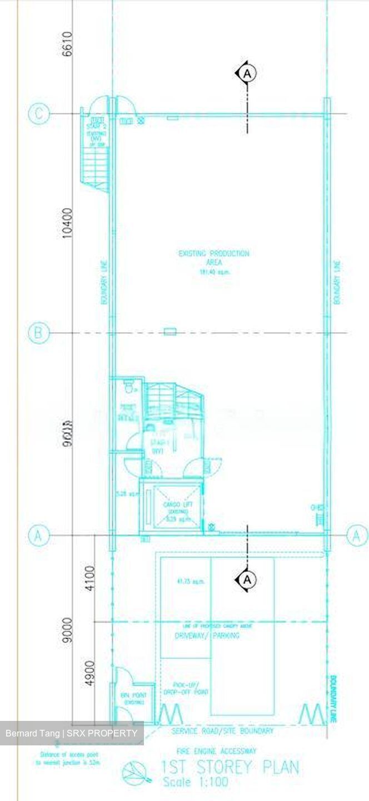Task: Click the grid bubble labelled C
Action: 38,114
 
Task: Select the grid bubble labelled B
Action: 38,333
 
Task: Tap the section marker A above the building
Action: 247,73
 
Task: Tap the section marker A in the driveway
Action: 247,580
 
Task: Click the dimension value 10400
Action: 68,224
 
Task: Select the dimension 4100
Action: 90,578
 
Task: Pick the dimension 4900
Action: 90,673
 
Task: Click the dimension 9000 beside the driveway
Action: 68,629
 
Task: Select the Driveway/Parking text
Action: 207,635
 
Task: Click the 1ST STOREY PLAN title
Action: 230,768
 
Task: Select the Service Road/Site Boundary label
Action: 222,731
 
